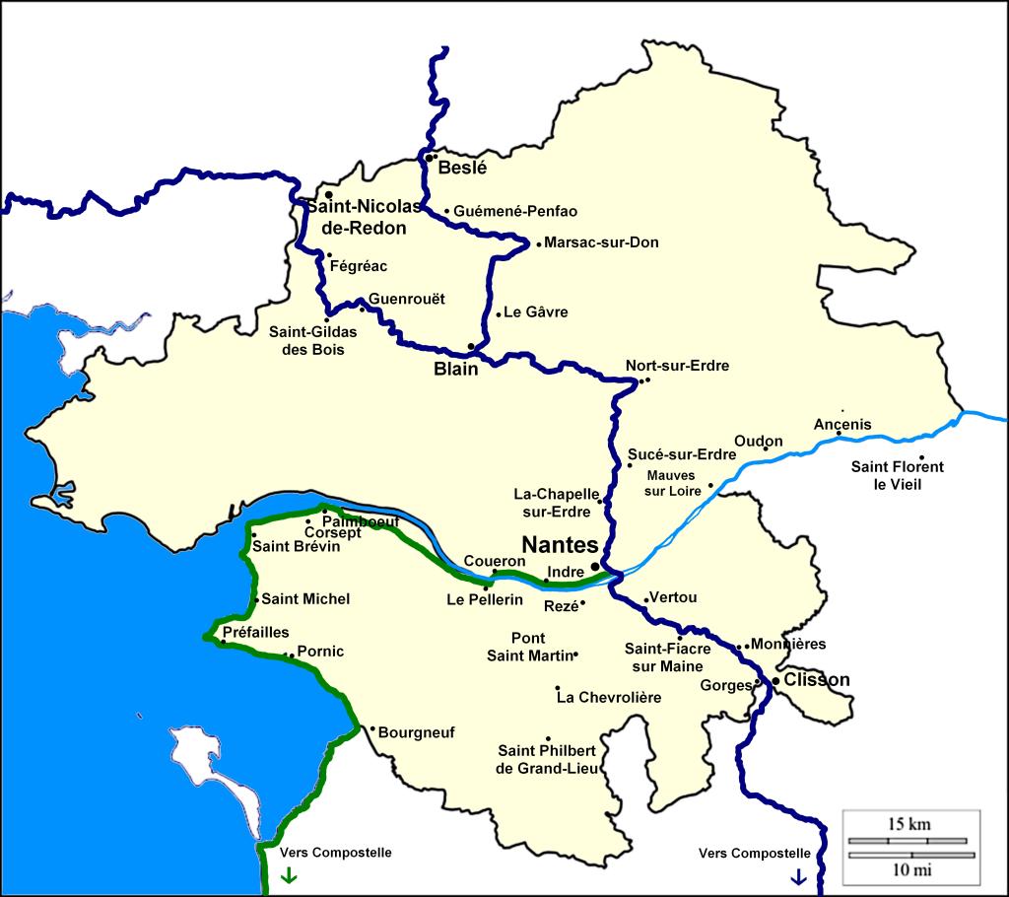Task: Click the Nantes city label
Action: pos(560,545)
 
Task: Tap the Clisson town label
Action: pos(816,680)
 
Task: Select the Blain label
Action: pos(456,370)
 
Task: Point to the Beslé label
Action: pos(463,168)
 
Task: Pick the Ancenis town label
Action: pos(842,425)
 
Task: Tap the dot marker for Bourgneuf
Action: pos(372,729)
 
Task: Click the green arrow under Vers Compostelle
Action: pos(288,875)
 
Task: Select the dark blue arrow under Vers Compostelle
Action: pos(798,875)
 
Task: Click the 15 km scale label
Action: pos(908,824)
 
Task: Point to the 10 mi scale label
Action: pos(908,869)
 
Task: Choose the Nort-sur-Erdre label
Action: pos(678,366)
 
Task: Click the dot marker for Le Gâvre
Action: pos(499,314)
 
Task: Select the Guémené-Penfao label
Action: pos(515,211)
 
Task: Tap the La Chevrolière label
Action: pos(608,698)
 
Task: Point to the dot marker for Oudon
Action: pos(766,449)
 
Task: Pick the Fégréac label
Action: pos(359,266)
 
